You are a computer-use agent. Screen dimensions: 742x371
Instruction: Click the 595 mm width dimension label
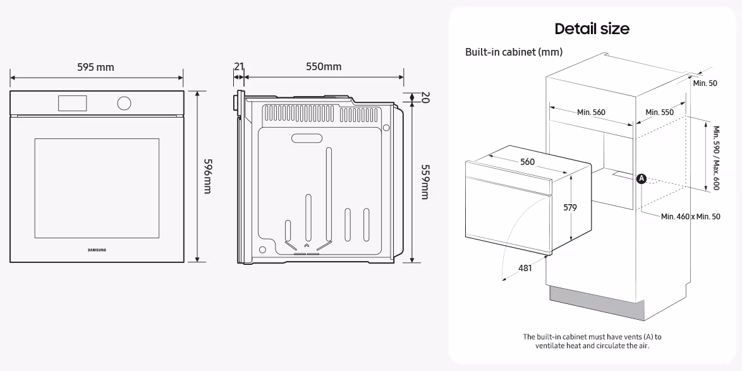tap(95, 67)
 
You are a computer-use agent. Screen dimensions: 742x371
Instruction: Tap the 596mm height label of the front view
tap(207, 176)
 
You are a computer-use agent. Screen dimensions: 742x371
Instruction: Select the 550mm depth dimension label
tap(324, 66)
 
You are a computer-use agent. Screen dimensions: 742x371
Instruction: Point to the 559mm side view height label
tap(425, 182)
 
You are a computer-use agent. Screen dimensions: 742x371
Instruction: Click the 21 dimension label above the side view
tap(239, 66)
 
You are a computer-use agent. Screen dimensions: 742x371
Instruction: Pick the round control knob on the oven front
tap(124, 103)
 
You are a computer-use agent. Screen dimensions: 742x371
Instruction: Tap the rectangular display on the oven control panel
tap(73, 103)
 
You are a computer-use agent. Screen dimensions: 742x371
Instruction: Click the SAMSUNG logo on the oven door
tap(97, 250)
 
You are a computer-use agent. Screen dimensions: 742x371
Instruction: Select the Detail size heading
tap(592, 29)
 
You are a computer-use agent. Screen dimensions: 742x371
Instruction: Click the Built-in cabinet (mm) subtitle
tap(514, 52)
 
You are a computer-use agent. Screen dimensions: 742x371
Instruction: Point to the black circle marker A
tap(642, 179)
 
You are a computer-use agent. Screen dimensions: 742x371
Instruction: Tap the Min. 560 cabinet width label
tap(591, 112)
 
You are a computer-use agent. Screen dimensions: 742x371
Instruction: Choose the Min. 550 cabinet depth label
tap(660, 112)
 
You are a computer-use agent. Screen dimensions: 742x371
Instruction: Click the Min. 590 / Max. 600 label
tap(716, 157)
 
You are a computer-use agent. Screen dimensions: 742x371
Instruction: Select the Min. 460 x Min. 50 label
tap(690, 216)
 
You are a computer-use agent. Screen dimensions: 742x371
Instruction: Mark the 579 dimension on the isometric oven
tap(569, 207)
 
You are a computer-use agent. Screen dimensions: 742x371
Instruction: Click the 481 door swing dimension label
tap(525, 268)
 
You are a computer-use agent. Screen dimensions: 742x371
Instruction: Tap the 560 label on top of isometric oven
tap(527, 162)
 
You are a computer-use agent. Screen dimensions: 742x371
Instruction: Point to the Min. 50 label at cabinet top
tap(705, 83)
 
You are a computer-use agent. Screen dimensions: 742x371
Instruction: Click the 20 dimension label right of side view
tap(425, 97)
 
